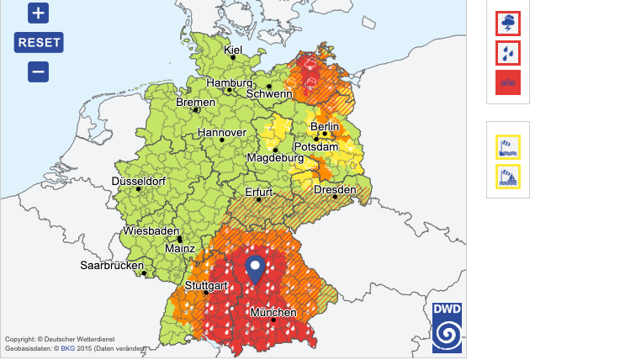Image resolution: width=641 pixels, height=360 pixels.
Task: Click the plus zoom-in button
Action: pos(38,13)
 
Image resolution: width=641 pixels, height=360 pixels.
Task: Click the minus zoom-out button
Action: pos(38,71)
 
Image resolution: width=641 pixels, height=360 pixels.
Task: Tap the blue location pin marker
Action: pos(255,270)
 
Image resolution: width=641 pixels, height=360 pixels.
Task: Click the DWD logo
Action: pos(447,327)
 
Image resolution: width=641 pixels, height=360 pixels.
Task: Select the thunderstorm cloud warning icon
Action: pos(508,24)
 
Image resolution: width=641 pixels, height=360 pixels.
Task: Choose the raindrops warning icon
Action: pos(508,53)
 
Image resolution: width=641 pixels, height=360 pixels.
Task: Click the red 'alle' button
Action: pos(508,82)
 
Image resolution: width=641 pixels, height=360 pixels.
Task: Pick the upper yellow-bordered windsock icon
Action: pos(508,147)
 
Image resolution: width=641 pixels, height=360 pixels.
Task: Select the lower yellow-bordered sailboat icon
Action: pos(508,177)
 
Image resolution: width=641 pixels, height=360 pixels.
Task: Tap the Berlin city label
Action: pos(325,127)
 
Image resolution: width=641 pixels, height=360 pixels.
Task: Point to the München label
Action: pos(273,313)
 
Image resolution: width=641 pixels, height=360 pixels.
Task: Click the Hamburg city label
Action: pos(230,83)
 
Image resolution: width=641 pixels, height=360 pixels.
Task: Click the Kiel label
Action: pos(233,50)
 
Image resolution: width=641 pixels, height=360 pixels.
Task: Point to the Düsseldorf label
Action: pos(138,181)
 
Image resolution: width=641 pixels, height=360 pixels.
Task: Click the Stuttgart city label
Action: pos(207,286)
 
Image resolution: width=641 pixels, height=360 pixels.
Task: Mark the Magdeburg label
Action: pos(274,157)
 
